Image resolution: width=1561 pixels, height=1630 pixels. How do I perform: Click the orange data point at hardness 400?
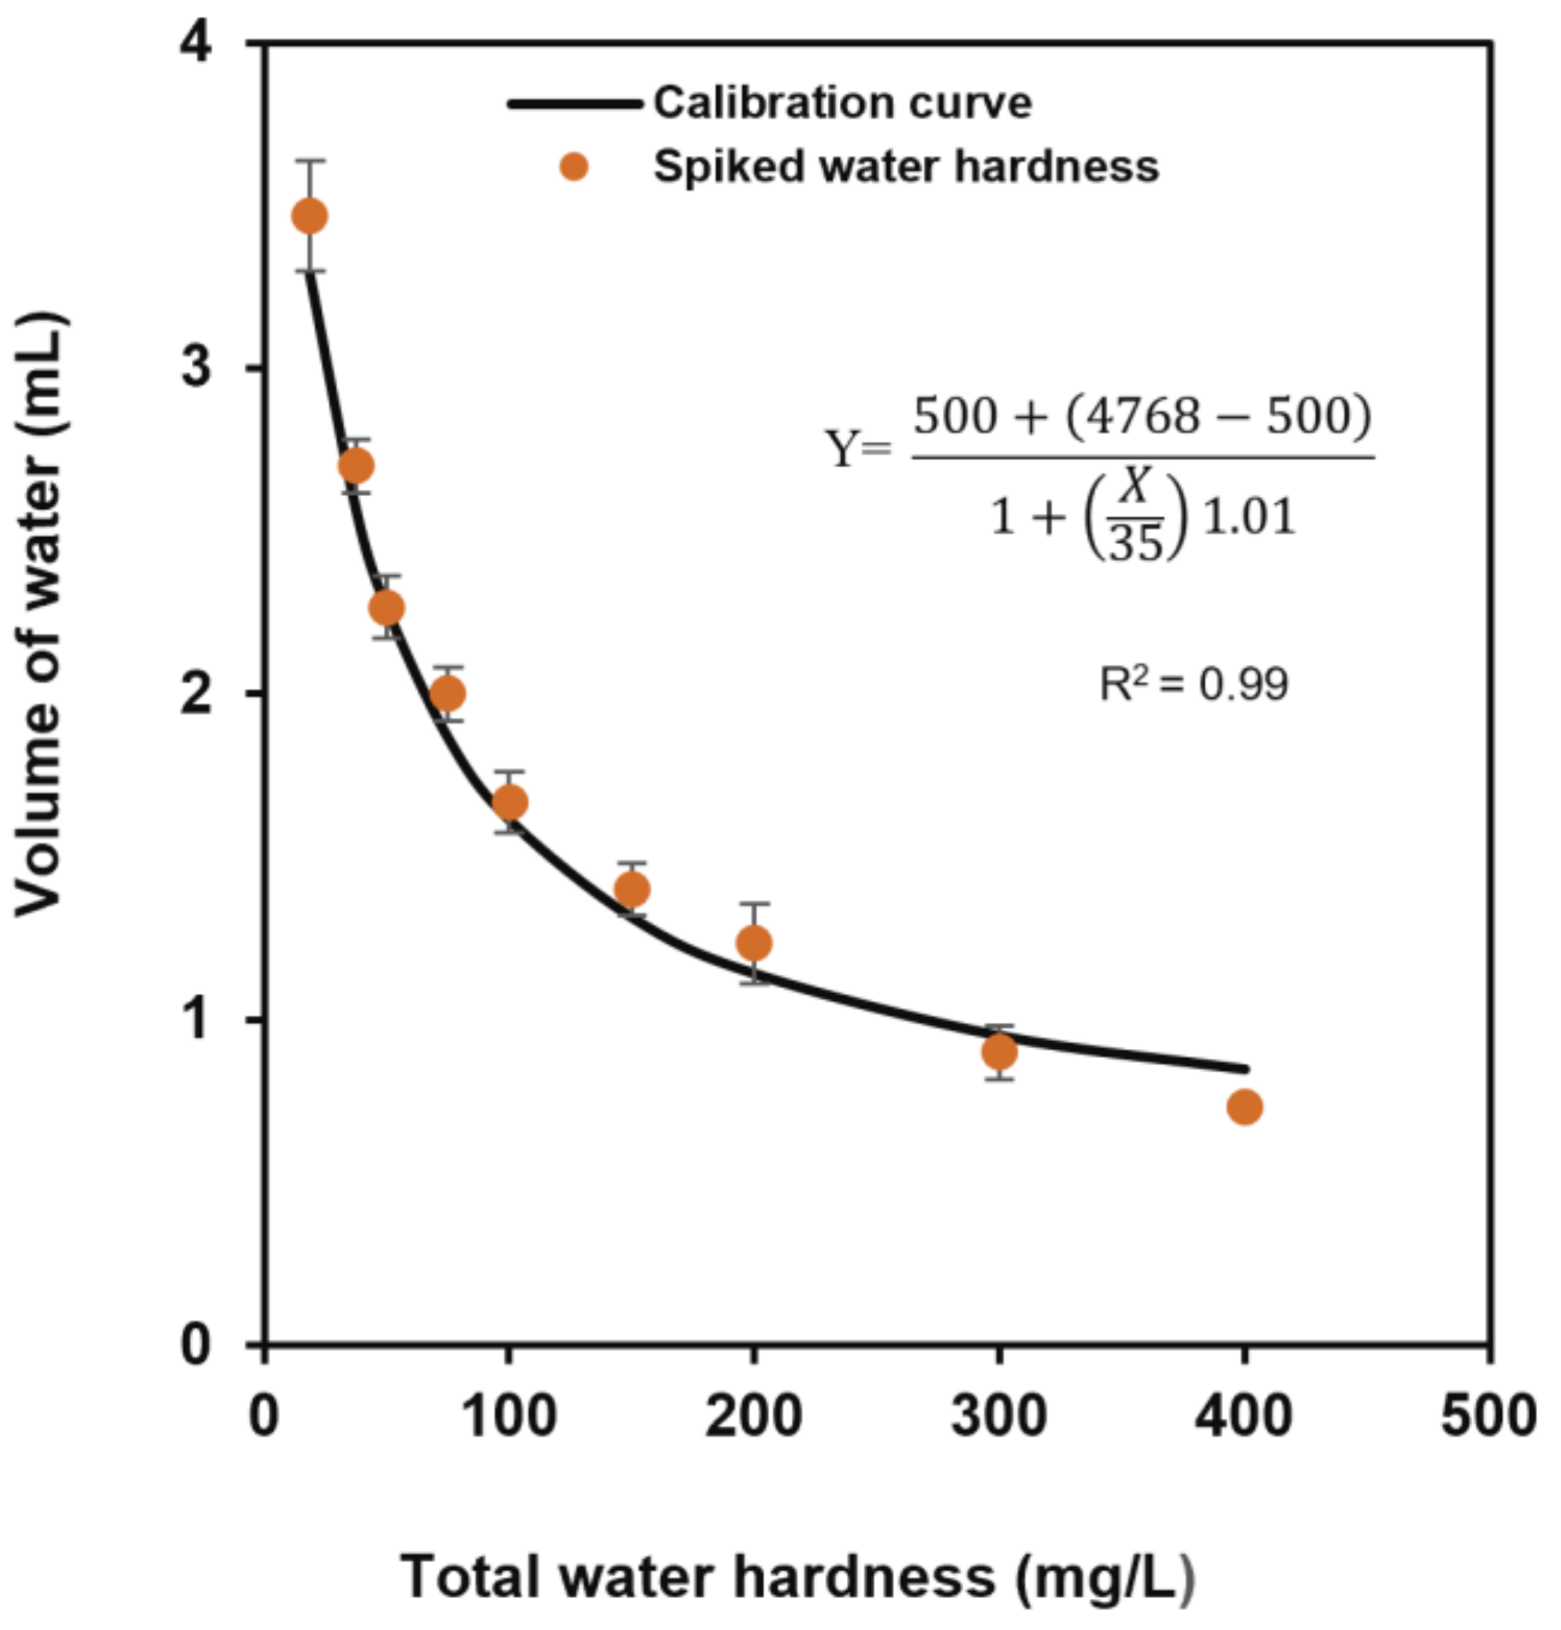pyautogui.click(x=1243, y=1107)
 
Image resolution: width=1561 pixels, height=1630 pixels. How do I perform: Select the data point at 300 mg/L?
pyautogui.click(x=999, y=1052)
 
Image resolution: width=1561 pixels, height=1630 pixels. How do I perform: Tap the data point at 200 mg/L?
pyautogui.click(x=753, y=942)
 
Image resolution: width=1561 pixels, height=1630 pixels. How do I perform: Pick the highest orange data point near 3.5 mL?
pyautogui.click(x=309, y=217)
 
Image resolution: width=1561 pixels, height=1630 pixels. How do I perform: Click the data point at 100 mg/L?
pyautogui.click(x=510, y=801)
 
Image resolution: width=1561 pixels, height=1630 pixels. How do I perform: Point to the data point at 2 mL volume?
pyautogui.click(x=447, y=693)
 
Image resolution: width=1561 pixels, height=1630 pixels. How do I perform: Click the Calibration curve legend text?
pyautogui.click(x=842, y=103)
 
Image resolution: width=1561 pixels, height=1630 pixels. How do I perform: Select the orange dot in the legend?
pyautogui.click(x=573, y=167)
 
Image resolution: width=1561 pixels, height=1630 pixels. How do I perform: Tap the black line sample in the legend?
pyautogui.click(x=574, y=104)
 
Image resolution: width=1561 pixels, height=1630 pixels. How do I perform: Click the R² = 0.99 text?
pyautogui.click(x=1194, y=685)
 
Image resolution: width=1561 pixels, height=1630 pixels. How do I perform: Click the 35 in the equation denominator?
pyautogui.click(x=1135, y=543)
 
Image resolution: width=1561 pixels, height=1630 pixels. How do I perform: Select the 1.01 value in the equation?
pyautogui.click(x=1249, y=517)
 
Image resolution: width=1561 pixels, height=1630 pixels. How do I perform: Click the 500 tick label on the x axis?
pyautogui.click(x=1488, y=1417)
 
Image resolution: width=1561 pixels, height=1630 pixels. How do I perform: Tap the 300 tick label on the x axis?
pyautogui.click(x=999, y=1417)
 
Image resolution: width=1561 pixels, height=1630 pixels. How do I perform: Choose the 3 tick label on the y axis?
pyautogui.click(x=197, y=366)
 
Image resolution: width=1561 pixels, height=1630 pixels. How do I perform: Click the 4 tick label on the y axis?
pyautogui.click(x=197, y=42)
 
